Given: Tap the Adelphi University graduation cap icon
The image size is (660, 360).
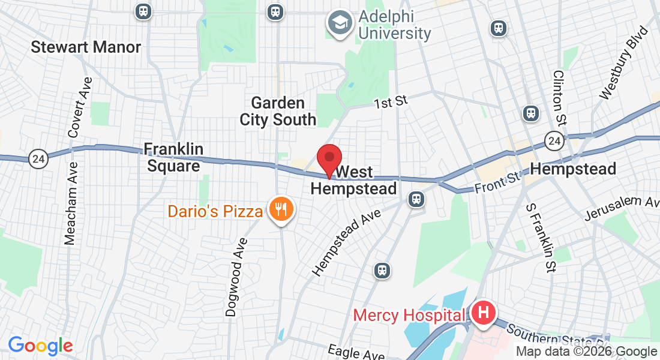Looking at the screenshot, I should coord(340,23).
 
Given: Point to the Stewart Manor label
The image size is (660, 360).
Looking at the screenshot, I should coord(86,47).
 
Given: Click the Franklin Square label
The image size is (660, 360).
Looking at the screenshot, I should coord(173,157).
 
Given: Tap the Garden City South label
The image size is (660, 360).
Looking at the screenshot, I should coord(278,111).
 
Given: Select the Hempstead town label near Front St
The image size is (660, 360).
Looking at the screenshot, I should coord(574,169).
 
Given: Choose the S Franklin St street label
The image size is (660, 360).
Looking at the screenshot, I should coord(538,238).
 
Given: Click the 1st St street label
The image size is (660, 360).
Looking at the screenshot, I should coord(391,102).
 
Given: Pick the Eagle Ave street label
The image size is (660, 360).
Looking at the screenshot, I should coord(356,353).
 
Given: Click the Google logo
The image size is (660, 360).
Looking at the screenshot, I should coord(40,345).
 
